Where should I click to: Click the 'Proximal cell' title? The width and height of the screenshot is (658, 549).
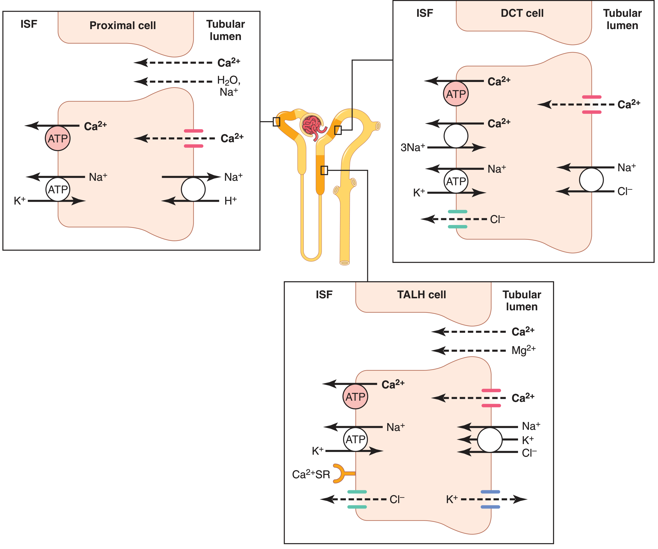pos(122,25)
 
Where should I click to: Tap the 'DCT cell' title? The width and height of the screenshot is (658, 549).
pos(522,13)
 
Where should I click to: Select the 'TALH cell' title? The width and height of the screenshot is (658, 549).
pos(421,295)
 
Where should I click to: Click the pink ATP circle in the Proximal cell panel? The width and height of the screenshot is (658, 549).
pos(58,138)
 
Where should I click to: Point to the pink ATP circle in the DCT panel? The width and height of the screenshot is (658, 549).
pos(456,94)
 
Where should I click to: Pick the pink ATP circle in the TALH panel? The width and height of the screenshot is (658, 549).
pos(355,397)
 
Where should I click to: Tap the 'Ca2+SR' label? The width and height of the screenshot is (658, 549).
pos(311,474)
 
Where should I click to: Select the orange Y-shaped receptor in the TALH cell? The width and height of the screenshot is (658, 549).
pos(342,473)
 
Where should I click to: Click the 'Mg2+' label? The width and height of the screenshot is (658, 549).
pos(523,350)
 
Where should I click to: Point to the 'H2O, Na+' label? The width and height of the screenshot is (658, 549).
pos(229,86)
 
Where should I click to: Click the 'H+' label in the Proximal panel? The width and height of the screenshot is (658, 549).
pos(231,201)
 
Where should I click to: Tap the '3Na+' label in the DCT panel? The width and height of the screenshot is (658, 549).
pos(413,147)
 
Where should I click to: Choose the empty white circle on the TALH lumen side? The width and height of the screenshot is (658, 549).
pos(490,440)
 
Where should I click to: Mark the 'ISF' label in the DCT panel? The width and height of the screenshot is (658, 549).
pos(425,13)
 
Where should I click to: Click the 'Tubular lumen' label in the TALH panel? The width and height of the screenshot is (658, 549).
pos(522,301)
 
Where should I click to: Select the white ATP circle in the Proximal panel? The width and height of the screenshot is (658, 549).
pos(58,189)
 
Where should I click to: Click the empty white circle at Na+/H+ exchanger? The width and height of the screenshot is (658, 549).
pos(193,189)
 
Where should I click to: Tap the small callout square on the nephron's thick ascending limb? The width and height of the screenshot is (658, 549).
pos(324,170)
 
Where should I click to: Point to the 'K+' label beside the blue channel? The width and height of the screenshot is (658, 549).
pos(452,499)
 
